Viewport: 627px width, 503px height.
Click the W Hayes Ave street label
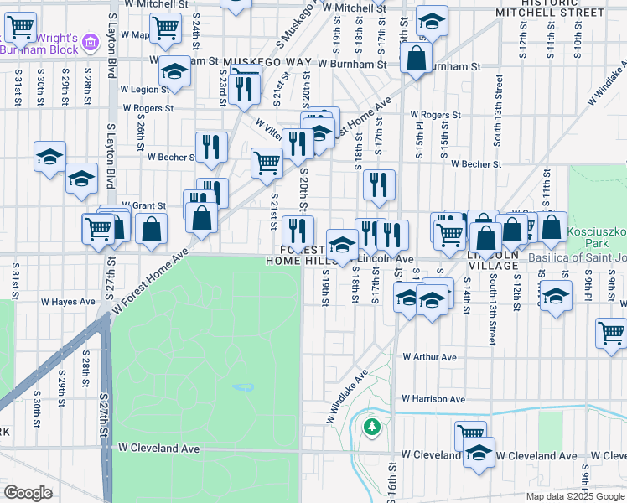click(69, 302)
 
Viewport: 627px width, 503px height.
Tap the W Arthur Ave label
click(429, 357)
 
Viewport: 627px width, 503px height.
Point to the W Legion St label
click(144, 89)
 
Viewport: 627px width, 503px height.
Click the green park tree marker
click(371, 428)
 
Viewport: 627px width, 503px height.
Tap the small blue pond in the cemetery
click(242, 387)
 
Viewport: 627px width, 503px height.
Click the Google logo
click(28, 492)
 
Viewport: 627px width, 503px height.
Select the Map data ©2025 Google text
click(574, 496)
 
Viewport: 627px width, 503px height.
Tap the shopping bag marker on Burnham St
click(416, 59)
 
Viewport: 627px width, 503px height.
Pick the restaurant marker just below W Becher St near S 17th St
click(379, 185)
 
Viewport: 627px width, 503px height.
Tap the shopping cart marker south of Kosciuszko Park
click(611, 332)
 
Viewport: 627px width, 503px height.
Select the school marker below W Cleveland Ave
click(479, 453)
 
